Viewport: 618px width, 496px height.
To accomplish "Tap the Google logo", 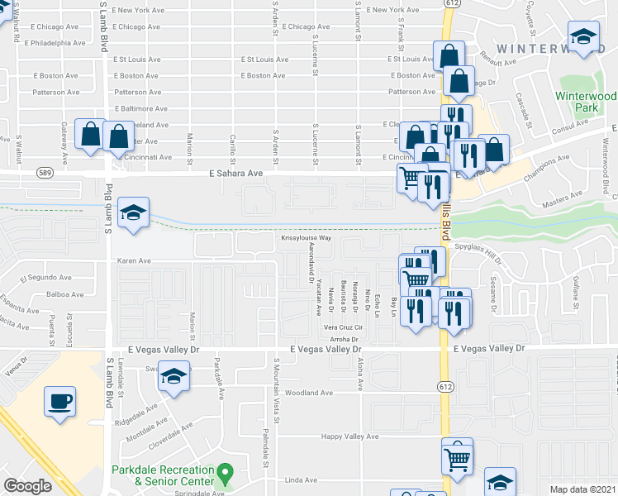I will [x=27, y=486].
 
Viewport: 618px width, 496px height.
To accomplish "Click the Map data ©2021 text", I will [x=582, y=489].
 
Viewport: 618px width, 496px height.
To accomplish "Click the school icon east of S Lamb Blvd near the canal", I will [x=132, y=213].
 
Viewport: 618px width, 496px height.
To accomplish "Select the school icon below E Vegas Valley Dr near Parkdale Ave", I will [x=173, y=379].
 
